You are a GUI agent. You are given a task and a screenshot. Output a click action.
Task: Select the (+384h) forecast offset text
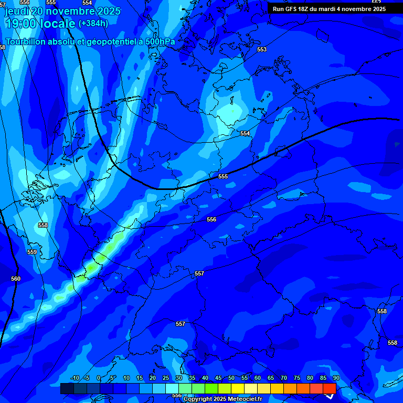coord(93,23)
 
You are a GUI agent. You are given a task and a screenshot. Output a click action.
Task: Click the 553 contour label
coord(262,50)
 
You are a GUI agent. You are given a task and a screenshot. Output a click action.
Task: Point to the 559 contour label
coord(32,252)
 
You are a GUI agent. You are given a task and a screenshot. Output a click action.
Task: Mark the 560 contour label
coord(16,279)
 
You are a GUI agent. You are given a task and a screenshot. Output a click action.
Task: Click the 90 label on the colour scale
coord(336,378)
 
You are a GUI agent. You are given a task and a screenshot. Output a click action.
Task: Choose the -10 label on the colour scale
coord(75,378)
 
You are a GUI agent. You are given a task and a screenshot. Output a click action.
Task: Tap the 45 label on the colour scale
coord(218,378)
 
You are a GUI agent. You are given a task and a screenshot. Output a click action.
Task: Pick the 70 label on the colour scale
coord(284,378)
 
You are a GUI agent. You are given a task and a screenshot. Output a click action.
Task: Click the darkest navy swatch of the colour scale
coord(67,388)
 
